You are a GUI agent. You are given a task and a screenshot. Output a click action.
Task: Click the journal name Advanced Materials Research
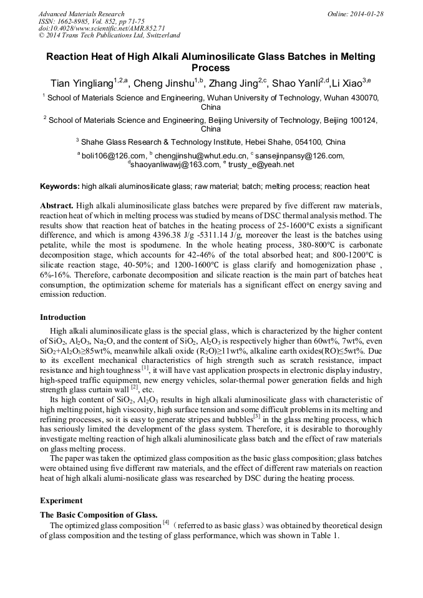point(81,14)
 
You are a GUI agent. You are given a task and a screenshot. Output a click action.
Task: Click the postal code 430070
point(362,98)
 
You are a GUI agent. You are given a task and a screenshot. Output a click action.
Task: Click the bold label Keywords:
point(59,186)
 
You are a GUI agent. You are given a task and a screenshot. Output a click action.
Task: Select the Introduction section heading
point(63,317)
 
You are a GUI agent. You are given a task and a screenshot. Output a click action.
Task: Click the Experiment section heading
point(61,501)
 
